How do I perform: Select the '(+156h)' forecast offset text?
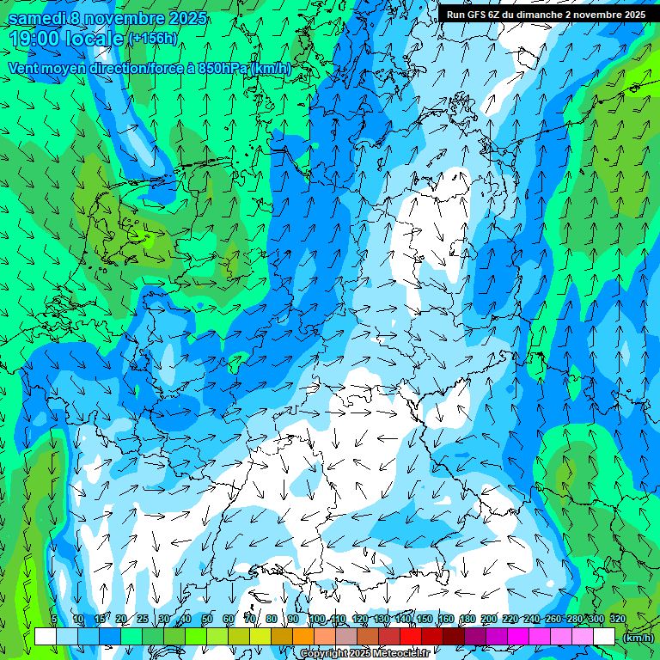tap(153, 39)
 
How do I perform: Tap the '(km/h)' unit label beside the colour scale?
tap(638, 638)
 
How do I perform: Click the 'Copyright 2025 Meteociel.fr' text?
tap(365, 654)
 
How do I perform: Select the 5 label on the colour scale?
tap(54, 620)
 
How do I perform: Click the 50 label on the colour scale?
tap(206, 620)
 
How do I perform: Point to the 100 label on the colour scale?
tap(317, 620)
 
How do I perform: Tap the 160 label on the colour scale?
tap(446, 620)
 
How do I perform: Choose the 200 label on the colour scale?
tap(489, 620)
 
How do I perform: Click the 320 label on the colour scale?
tap(618, 620)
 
